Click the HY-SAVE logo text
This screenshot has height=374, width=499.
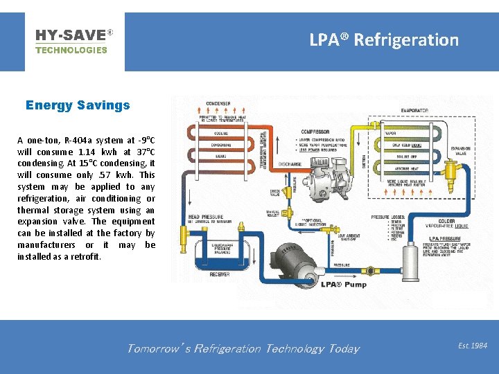(71, 34)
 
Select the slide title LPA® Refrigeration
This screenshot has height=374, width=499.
(384, 40)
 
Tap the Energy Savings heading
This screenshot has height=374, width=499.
(78, 105)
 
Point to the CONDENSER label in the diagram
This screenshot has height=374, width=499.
(217, 105)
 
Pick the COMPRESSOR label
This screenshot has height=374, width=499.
(315, 132)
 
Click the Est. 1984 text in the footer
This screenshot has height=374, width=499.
(473, 345)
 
